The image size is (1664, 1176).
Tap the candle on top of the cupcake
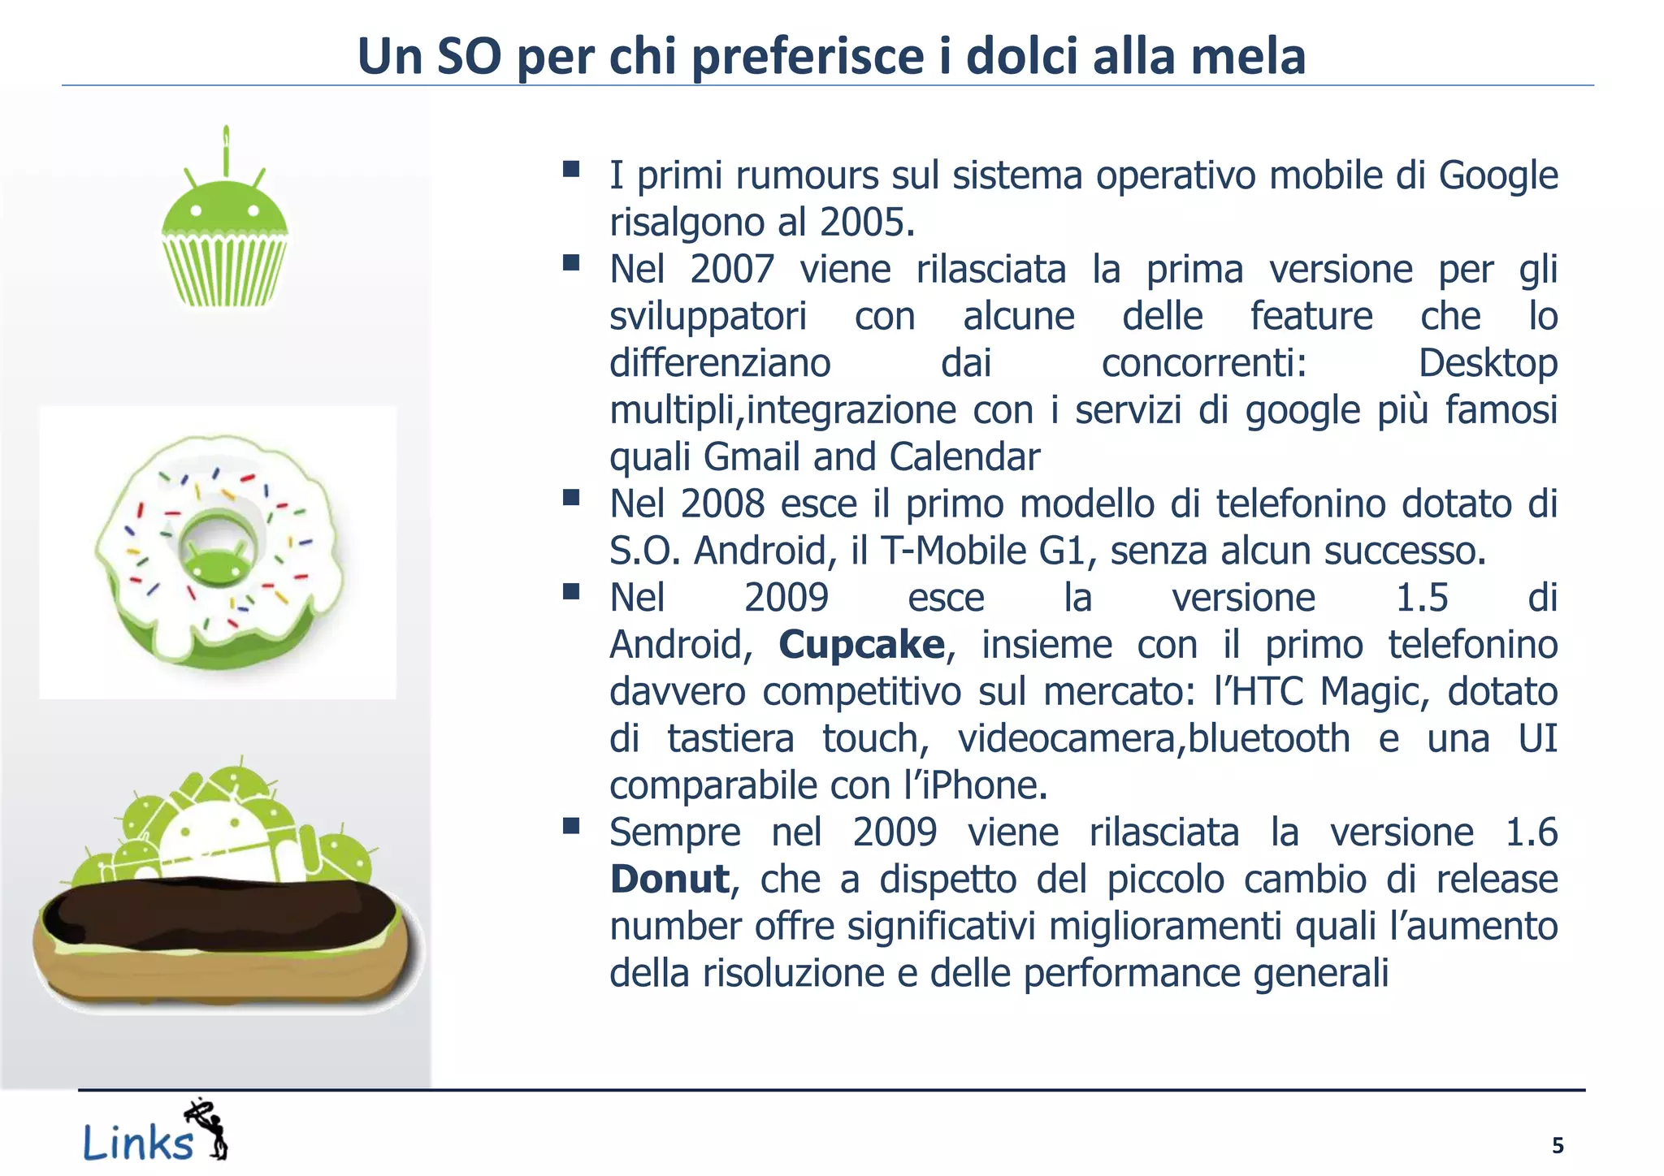point(227,150)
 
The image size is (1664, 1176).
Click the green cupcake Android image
point(224,236)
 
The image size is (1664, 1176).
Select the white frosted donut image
point(218,552)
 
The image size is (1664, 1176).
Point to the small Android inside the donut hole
point(216,561)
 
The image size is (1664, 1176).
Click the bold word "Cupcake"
point(861,645)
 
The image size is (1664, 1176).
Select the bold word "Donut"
point(669,880)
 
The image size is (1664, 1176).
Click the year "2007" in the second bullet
point(732,270)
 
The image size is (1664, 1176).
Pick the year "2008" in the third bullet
point(722,504)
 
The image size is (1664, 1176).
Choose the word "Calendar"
point(964,457)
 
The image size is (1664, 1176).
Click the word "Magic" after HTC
point(1372,692)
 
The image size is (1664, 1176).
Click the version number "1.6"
point(1531,832)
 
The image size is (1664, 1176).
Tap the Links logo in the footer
point(154,1134)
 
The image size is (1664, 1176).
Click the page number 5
point(1557,1146)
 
